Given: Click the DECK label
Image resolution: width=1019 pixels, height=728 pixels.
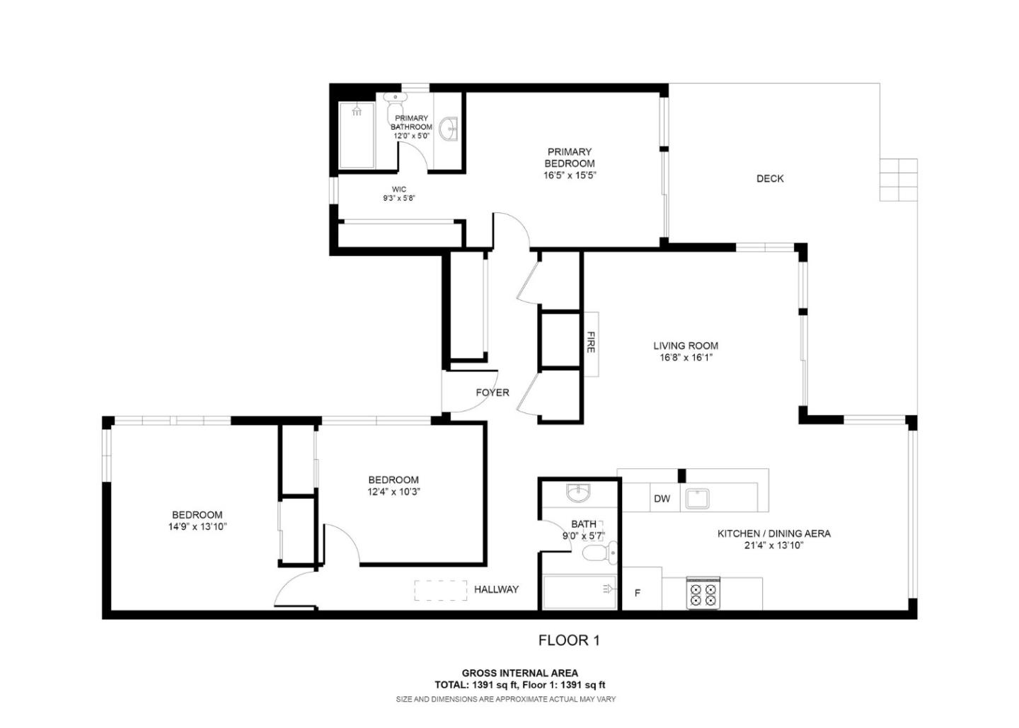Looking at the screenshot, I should coord(769,179).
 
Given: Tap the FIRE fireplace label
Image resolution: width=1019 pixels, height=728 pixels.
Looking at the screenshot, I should coord(590,343).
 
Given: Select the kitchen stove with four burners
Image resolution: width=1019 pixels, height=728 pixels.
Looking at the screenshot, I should coord(703,594).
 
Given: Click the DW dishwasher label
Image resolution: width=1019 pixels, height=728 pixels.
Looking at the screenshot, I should coord(662,499).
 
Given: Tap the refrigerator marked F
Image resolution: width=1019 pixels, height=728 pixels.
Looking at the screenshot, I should coord(638,593).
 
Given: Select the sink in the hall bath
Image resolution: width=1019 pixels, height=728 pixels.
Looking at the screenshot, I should coord(579,492).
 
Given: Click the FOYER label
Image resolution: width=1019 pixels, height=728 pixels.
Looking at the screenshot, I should coord(492,393).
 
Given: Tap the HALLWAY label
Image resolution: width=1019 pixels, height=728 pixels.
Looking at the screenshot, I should coord(496,589).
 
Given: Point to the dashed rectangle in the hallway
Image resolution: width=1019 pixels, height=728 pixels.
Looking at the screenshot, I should coord(441,590).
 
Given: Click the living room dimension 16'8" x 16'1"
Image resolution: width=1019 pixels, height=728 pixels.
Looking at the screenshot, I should coord(685,358).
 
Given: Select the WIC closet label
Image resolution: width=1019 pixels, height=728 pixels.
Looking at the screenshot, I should coord(399,189).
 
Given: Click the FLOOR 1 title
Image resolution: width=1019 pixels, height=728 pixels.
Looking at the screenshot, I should coord(568,640).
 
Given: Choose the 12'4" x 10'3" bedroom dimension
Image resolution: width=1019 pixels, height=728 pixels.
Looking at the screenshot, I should coord(393,492).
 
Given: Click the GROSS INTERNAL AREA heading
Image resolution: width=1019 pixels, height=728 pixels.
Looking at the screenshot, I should coord(519,673).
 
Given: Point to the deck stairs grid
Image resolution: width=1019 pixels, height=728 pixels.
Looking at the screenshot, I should coord(898,180).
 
